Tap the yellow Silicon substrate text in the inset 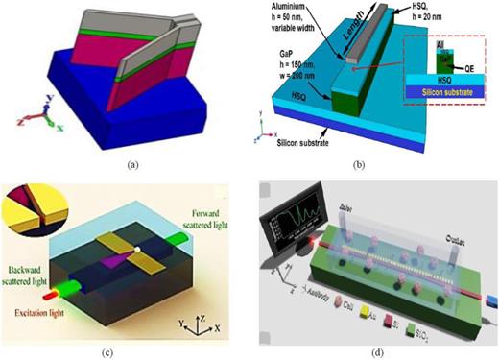442,110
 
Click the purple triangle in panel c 122,257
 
